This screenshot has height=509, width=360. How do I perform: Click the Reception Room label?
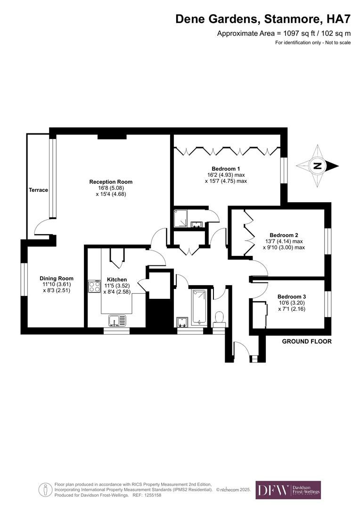pyautogui.click(x=111, y=181)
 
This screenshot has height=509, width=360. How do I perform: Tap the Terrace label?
pyautogui.click(x=38, y=190)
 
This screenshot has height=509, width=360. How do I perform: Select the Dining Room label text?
pyautogui.click(x=57, y=278)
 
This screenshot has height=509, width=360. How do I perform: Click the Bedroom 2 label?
pyautogui.click(x=284, y=235)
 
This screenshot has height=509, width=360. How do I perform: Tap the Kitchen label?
pyautogui.click(x=117, y=279)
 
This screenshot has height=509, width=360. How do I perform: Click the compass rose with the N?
pyautogui.click(x=318, y=165)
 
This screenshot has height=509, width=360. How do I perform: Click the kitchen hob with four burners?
pyautogui.click(x=94, y=287)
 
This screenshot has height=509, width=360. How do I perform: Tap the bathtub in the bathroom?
pyautogui.click(x=199, y=306)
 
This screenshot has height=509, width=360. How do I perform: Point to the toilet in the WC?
pyautogui.click(x=219, y=318)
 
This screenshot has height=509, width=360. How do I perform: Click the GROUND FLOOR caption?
pyautogui.click(x=306, y=341)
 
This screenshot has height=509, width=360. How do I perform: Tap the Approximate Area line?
pyautogui.click(x=284, y=33)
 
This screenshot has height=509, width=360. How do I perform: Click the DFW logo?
pyautogui.click(x=288, y=490)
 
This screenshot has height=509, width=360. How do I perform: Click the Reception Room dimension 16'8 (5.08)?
pyautogui.click(x=111, y=188)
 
